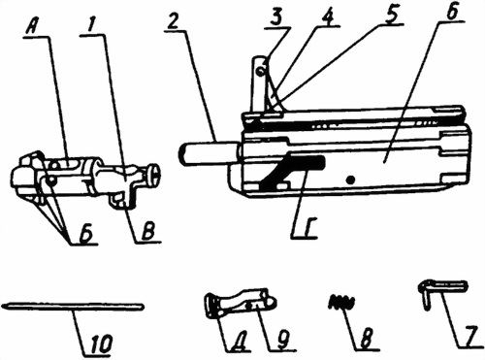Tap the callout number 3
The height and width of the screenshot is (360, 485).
275,18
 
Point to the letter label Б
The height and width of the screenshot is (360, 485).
85,234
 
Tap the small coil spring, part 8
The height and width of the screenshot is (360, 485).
341,301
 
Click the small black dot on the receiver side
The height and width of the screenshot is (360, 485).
350,179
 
